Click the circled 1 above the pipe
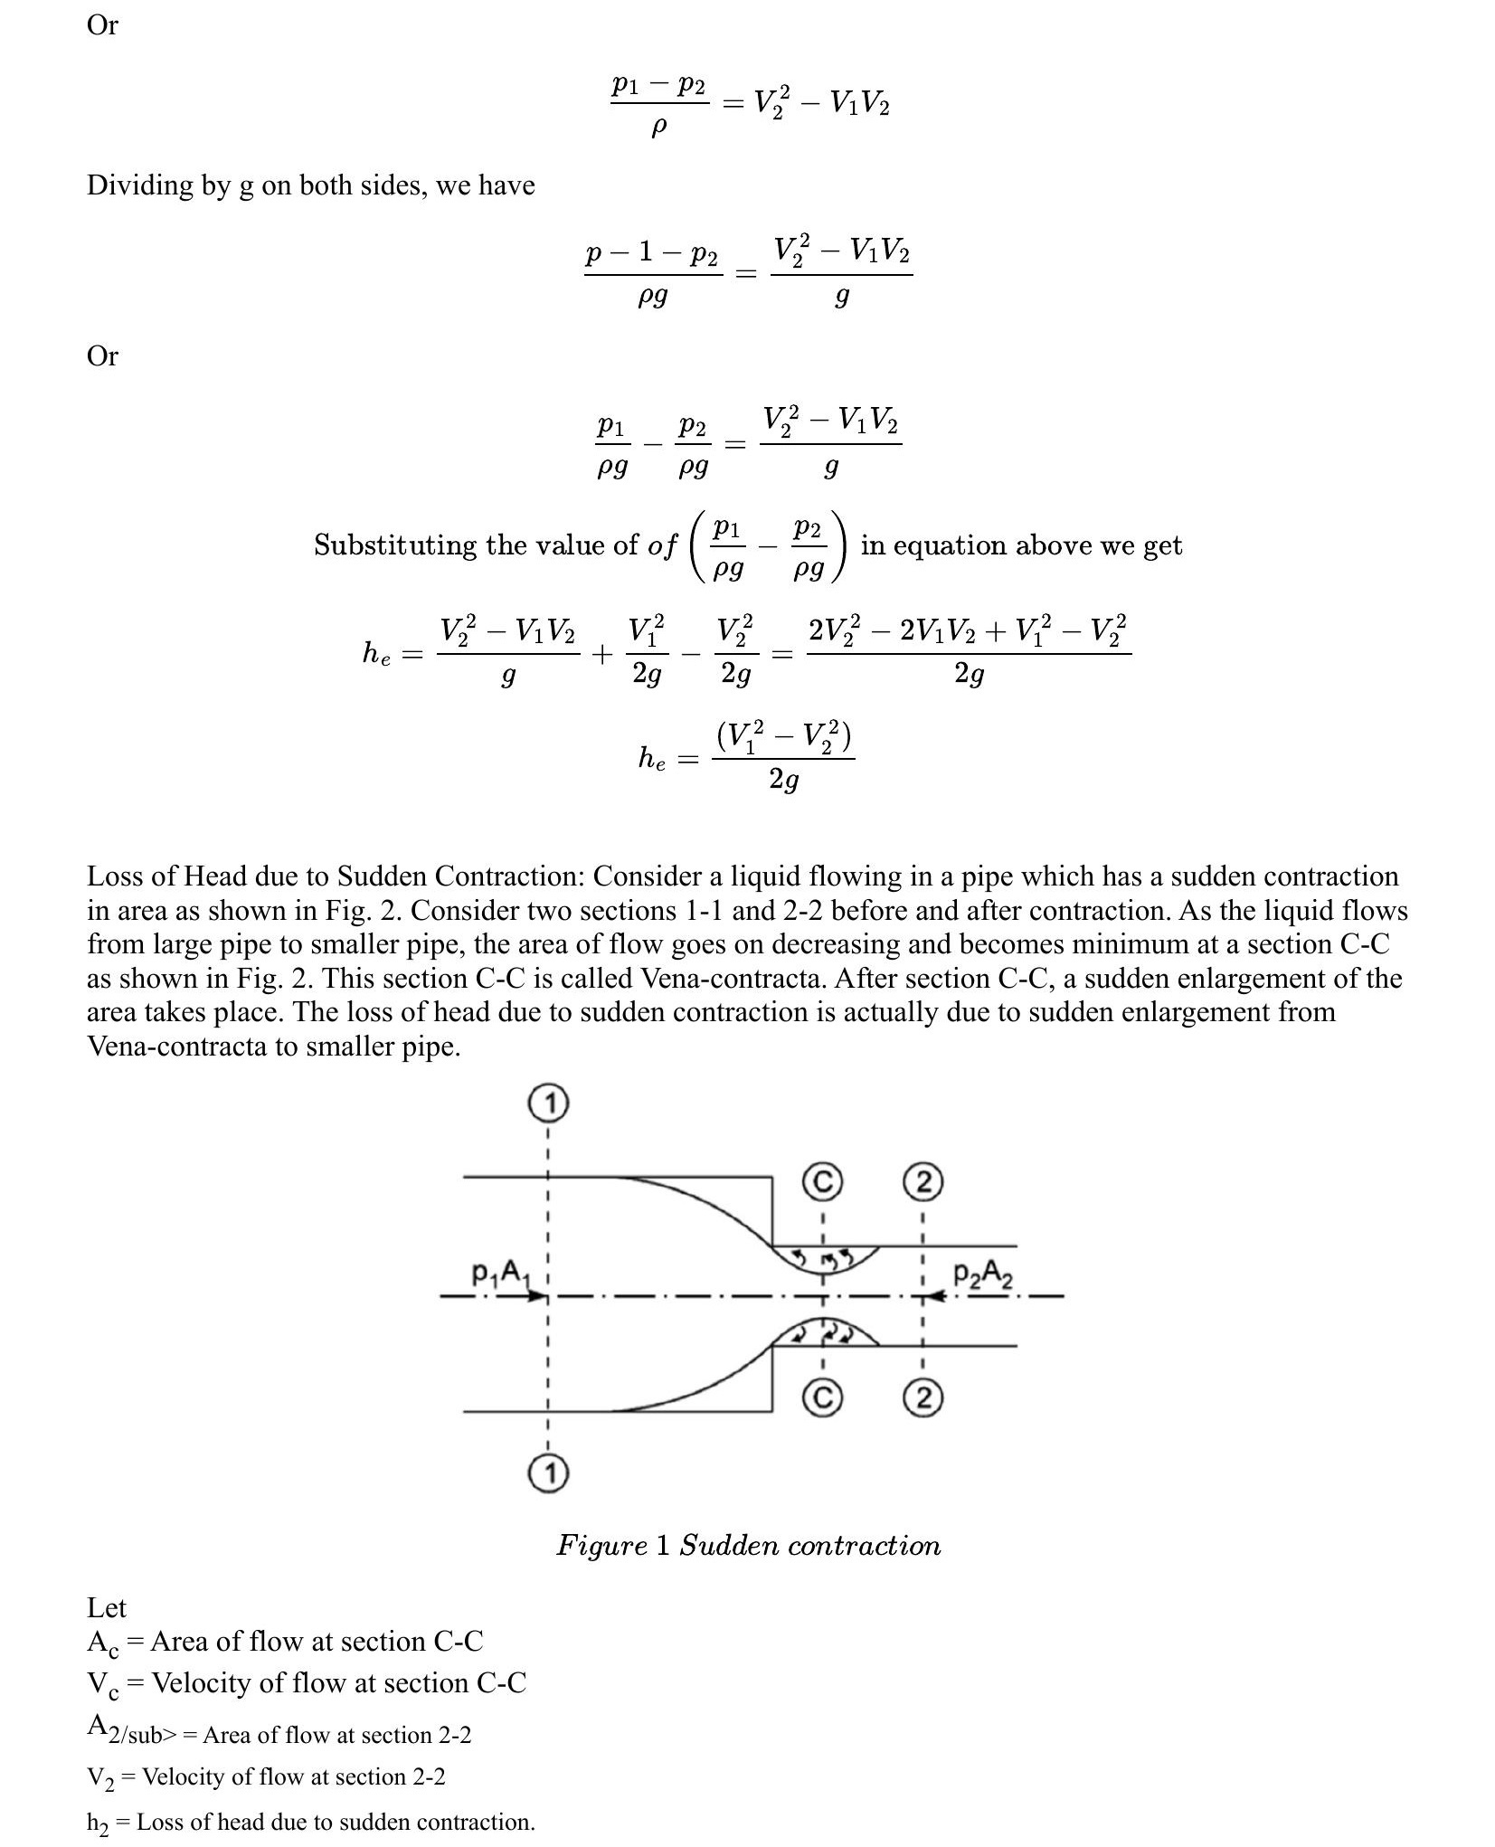[x=546, y=1103]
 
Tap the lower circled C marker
[x=822, y=1398]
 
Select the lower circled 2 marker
[x=923, y=1398]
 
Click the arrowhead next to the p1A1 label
[x=540, y=1296]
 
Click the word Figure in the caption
[x=601, y=1546]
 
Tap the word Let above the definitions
[x=106, y=1607]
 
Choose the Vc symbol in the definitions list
[x=102, y=1684]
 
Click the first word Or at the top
[x=102, y=25]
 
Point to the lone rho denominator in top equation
[x=658, y=128]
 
